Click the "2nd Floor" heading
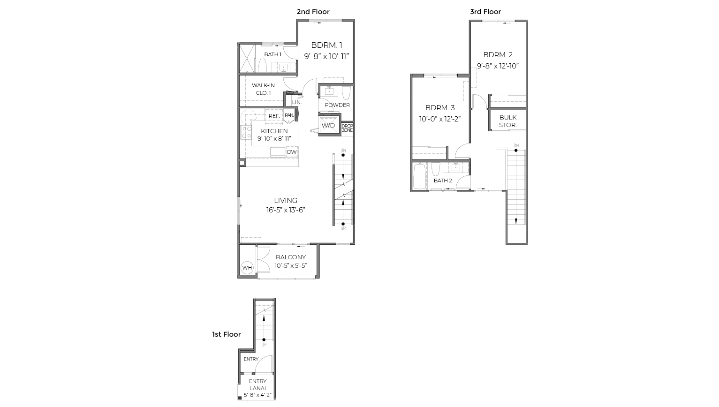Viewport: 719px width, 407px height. pyautogui.click(x=313, y=12)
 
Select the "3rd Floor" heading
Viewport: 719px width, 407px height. pyautogui.click(x=485, y=12)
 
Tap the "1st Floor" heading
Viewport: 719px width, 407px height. pyautogui.click(x=226, y=334)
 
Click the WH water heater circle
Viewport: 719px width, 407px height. pyautogui.click(x=247, y=268)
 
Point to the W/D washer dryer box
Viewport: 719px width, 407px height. pyautogui.click(x=328, y=125)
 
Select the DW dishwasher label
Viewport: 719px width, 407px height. pyautogui.click(x=292, y=152)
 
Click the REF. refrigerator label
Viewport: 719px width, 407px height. pyautogui.click(x=274, y=116)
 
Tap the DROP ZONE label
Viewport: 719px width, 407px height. pyautogui.click(x=347, y=128)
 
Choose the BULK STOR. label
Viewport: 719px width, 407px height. pyautogui.click(x=508, y=121)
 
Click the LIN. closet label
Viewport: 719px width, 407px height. pyautogui.click(x=297, y=102)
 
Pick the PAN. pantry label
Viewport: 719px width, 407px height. pyautogui.click(x=289, y=115)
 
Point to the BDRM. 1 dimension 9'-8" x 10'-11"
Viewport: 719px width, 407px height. pyautogui.click(x=326, y=56)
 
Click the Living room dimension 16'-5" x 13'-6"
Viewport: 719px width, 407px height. pyautogui.click(x=286, y=210)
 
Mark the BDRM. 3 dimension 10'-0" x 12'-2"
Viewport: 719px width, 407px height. pyautogui.click(x=440, y=119)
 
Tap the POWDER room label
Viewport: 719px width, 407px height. pyautogui.click(x=337, y=105)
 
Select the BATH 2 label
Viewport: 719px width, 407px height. pyautogui.click(x=443, y=181)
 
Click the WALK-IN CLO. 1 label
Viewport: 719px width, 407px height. pyautogui.click(x=263, y=89)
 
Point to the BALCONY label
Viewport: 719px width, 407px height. pyautogui.click(x=291, y=257)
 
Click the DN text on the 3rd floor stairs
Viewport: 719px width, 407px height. pyautogui.click(x=516, y=145)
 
